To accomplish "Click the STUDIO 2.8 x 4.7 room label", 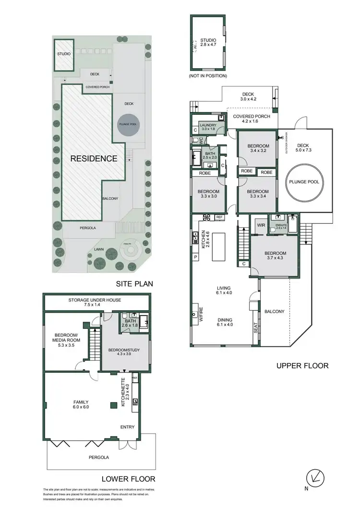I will tap(208, 43).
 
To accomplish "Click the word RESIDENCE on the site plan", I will tap(94, 158).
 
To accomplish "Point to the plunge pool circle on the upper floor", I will tap(304, 182).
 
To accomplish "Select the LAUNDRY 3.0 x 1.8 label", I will tap(208, 126).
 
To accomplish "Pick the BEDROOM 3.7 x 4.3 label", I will tap(274, 256).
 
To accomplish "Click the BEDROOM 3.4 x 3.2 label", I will tap(258, 148).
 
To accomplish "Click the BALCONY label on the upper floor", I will tap(275, 312).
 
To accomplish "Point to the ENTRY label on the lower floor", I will tap(128, 427).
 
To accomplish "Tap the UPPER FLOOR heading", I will tap(302, 366).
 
